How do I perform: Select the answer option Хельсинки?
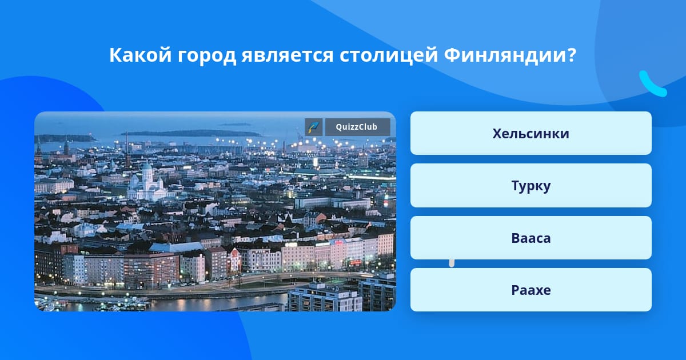click(x=531, y=133)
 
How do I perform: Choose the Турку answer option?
click(x=531, y=186)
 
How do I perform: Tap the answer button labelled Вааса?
click(x=531, y=238)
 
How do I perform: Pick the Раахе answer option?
click(x=531, y=290)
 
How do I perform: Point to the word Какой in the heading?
click(x=140, y=55)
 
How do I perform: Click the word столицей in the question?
click(x=388, y=56)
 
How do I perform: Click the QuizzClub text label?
click(x=357, y=127)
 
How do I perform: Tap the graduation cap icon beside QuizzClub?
click(x=314, y=127)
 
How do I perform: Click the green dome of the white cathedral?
click(x=147, y=167)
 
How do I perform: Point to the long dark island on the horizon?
click(x=192, y=133)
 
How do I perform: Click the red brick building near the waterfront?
click(x=151, y=269)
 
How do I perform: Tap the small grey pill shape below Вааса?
click(x=452, y=263)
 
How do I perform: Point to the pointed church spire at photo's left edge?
click(x=39, y=147)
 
